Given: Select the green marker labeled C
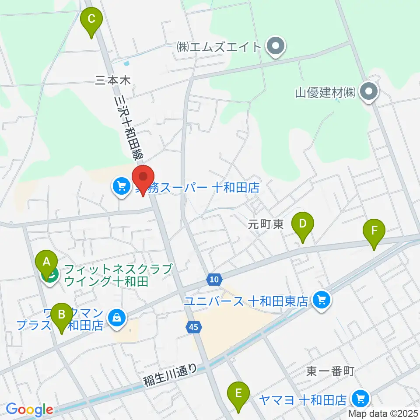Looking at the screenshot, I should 91,20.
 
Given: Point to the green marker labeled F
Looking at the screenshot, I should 374,231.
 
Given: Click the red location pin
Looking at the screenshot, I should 144,178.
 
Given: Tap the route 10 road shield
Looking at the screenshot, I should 213,279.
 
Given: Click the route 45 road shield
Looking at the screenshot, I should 193,326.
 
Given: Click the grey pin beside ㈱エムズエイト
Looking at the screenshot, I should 276,46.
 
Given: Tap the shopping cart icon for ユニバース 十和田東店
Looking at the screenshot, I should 322,301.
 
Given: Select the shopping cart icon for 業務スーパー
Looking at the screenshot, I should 121,187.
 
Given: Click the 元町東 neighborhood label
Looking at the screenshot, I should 266,224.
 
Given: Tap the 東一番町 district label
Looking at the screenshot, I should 330,372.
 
